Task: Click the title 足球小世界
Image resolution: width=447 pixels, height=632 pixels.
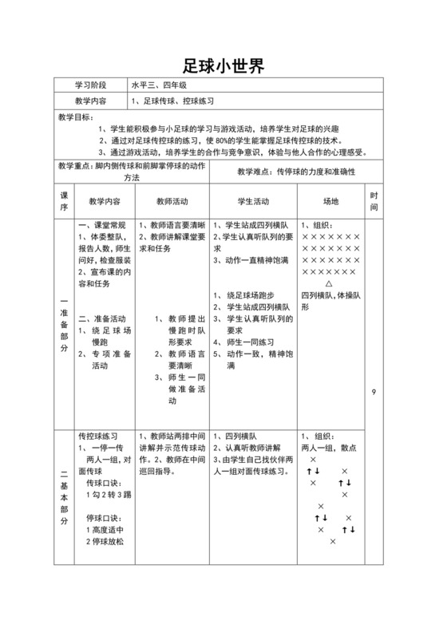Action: tap(223, 65)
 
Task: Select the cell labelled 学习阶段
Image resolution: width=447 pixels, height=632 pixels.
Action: tap(91, 85)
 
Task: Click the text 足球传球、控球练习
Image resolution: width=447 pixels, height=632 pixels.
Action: tap(173, 101)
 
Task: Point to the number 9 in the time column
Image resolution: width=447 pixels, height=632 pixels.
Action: tap(374, 393)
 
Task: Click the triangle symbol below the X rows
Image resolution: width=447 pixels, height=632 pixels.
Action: tap(330, 283)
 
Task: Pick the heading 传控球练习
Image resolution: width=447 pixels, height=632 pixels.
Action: tap(98, 436)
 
